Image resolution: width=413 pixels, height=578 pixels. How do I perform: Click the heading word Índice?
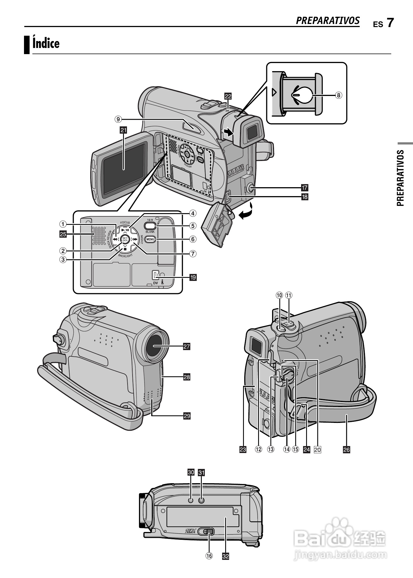pyautogui.click(x=46, y=44)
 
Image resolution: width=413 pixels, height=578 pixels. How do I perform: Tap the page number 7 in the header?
pyautogui.click(x=390, y=23)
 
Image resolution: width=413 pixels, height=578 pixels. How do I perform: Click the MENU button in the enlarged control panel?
pyautogui.click(x=150, y=239)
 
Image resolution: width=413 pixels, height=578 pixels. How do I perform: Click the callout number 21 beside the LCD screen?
pyautogui.click(x=123, y=130)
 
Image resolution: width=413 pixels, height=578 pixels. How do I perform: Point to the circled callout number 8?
pyautogui.click(x=338, y=95)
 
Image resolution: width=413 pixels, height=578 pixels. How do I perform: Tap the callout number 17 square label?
pyautogui.click(x=304, y=188)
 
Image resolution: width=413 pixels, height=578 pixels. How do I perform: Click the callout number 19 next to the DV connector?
pyautogui.click(x=193, y=277)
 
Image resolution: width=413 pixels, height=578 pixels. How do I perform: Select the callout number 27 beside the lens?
pyautogui.click(x=186, y=347)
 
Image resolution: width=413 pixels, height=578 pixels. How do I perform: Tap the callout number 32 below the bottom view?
pyautogui.click(x=225, y=564)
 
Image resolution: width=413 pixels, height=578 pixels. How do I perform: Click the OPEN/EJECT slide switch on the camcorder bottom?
pyautogui.click(x=206, y=532)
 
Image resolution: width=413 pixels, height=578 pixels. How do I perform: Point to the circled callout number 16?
pyautogui.click(x=209, y=564)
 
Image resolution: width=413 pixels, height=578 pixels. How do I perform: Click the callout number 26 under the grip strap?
pyautogui.click(x=346, y=449)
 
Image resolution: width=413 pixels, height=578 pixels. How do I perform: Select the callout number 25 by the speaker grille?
pyautogui.click(x=63, y=234)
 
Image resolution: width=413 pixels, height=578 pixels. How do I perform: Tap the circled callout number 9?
pyautogui.click(x=118, y=119)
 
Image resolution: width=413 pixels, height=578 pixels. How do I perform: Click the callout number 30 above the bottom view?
pyautogui.click(x=191, y=472)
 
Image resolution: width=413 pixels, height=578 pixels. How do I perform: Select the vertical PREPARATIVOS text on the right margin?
pyautogui.click(x=401, y=178)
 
